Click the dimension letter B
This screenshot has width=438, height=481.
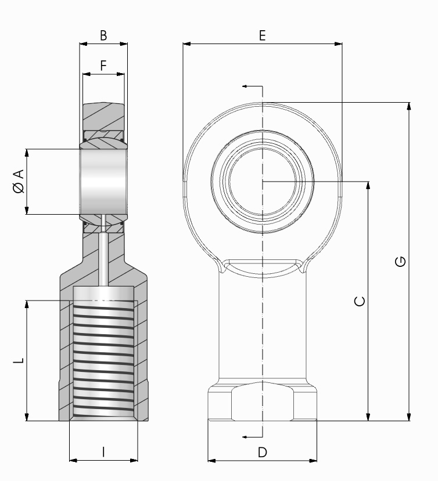coord(103,35)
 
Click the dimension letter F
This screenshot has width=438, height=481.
coord(103,66)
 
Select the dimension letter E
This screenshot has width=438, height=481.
coord(262,35)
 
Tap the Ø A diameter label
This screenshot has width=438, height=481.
coord(19,181)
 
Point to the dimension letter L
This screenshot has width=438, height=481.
coord(19,360)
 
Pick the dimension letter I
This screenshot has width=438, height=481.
coord(103,452)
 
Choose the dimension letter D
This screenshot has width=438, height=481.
coord(263,452)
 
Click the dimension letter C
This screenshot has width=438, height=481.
coord(360,301)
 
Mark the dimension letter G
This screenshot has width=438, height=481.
coord(400,262)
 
